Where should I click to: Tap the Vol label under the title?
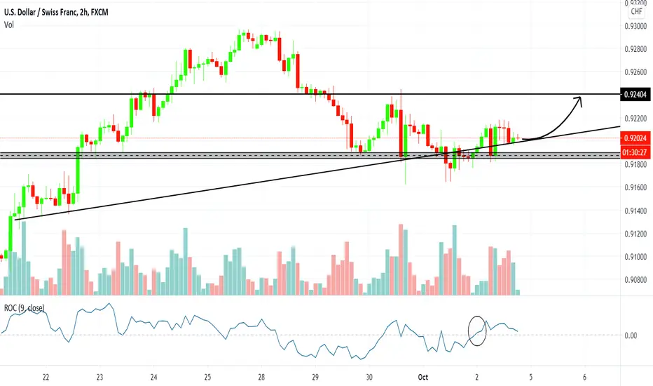(8, 25)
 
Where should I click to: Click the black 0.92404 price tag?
(635, 95)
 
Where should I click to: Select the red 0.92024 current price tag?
(635, 138)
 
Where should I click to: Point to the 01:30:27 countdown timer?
(635, 152)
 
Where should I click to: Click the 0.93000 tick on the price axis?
(636, 26)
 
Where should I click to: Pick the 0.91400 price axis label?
(636, 211)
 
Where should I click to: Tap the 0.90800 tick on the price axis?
(636, 279)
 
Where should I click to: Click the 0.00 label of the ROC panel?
(631, 335)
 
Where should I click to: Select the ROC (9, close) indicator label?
(24, 308)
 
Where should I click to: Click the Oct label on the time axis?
(422, 378)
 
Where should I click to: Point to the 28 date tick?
(261, 378)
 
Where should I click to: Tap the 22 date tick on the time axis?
(46, 378)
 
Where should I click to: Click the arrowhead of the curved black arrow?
(579, 100)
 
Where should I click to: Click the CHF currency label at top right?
(637, 12)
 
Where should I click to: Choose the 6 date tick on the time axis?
(585, 378)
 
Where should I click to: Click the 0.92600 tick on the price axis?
(636, 72)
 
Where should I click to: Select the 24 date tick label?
(153, 378)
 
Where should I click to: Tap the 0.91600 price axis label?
(636, 188)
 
